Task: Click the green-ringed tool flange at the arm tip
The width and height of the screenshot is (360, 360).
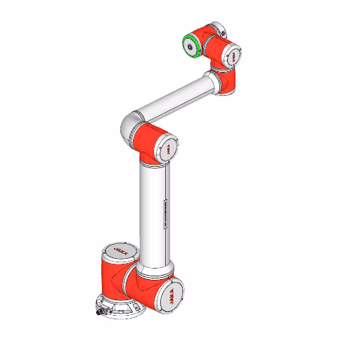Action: [191, 44]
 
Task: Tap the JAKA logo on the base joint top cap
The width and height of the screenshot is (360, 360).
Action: [117, 249]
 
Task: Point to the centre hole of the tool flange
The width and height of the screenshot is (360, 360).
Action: [190, 45]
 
